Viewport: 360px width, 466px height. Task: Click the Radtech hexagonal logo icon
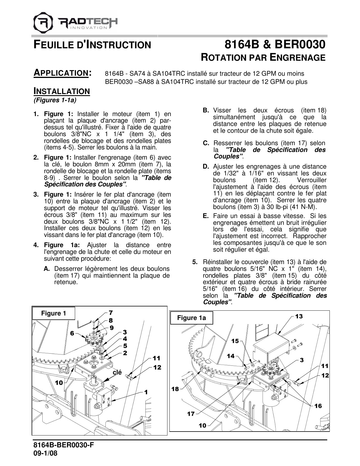pos(43,22)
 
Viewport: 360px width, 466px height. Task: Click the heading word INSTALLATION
pos(62,91)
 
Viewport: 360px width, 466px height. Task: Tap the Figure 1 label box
pos(54,313)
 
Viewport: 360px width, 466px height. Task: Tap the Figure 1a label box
pos(191,318)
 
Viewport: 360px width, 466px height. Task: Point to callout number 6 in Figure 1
pos(72,333)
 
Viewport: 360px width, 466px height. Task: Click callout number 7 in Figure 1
pos(111,313)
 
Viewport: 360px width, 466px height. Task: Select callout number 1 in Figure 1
pos(146,392)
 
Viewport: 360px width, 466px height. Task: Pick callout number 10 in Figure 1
pos(59,383)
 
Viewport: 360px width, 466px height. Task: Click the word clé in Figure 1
pos(117,372)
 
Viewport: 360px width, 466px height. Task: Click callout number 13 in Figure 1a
pos(299,316)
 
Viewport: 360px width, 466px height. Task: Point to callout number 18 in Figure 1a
pos(175,389)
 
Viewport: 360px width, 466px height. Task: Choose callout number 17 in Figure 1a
pos(191,414)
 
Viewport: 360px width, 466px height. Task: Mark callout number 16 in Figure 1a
pos(318,406)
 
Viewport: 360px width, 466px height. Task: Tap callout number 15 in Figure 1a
pos(235,341)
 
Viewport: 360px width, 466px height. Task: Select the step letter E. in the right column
pos(206,216)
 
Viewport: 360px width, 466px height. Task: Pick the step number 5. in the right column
pos(195,262)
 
